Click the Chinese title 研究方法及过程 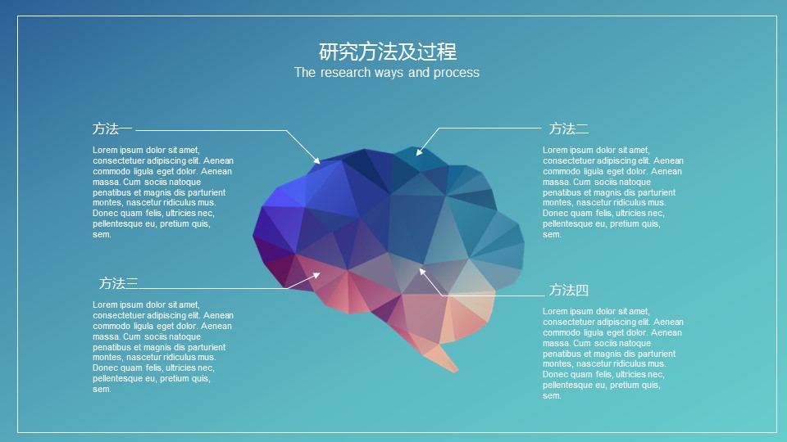[388, 52]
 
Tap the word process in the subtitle [457, 73]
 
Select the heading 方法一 [112, 129]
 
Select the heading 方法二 [568, 129]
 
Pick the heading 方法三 [118, 284]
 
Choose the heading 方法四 [568, 290]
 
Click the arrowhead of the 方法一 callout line [316, 160]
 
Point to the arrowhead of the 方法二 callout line [420, 152]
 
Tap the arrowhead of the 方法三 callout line [316, 275]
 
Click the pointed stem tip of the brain [455, 371]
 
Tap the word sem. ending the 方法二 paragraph [552, 235]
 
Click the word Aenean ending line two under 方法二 [668, 161]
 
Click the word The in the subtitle [305, 73]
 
